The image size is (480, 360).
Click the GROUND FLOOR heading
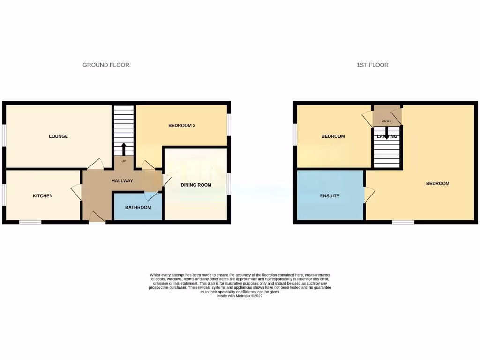tap(106, 65)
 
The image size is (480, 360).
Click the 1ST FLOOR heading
tap(372, 65)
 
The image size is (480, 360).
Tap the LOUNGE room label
tap(59, 136)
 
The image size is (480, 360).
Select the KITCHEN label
tap(43, 196)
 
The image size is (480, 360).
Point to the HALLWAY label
tap(122, 181)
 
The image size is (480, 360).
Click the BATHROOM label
tap(138, 207)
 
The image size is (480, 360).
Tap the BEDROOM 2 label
tap(182, 126)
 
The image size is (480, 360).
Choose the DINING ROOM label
tap(196, 185)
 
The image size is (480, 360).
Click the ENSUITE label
tap(330, 196)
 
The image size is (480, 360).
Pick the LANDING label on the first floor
tap(386, 136)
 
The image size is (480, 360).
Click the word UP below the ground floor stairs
tap(124, 161)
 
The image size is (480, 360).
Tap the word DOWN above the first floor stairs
tap(386, 121)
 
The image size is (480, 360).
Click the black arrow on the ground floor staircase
tap(124, 149)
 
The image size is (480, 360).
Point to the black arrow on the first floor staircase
tap(386, 135)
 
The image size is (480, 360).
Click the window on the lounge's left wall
tap(4, 136)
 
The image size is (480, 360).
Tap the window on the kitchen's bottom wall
tap(30, 222)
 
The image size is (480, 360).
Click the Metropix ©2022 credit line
tap(240, 296)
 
